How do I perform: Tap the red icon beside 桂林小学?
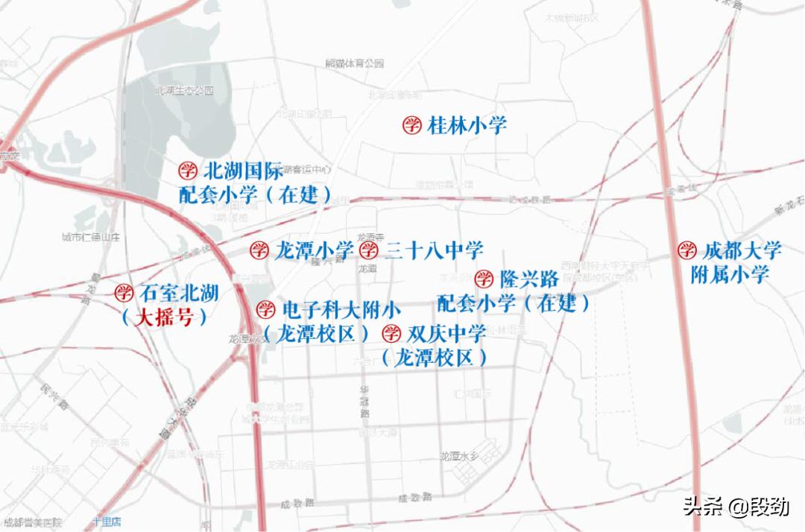coord(412,125)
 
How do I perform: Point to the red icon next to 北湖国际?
coord(188,171)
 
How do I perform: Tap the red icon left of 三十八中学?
coord(369,250)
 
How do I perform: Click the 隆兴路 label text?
coord(529,279)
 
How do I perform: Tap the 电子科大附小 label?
coord(342,309)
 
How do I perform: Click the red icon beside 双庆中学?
coord(391,332)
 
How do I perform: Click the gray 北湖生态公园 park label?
coord(184,90)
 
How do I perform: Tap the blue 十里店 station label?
coord(107,522)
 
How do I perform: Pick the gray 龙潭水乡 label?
coord(459,456)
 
